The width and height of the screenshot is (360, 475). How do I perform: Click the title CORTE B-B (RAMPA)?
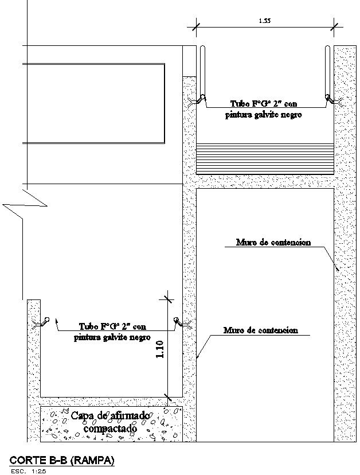click(x=62, y=460)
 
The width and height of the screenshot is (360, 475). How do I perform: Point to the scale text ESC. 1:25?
click(x=29, y=471)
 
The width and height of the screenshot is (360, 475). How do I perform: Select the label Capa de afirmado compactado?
click(x=111, y=422)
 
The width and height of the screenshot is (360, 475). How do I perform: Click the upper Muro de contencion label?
click(x=273, y=242)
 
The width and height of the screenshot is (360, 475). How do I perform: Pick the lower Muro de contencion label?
click(x=261, y=330)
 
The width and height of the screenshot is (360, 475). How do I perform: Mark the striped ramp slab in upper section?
click(x=265, y=158)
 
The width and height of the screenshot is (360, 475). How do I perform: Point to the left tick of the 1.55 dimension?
click(x=196, y=25)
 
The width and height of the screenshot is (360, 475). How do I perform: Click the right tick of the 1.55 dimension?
click(x=335, y=25)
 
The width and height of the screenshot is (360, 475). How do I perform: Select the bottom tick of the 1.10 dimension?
click(x=167, y=395)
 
